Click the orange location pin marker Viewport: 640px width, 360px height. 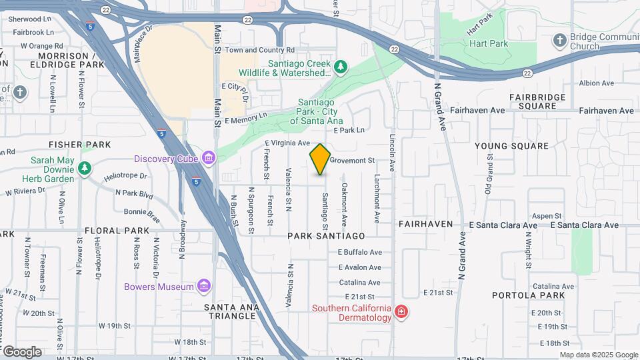[320, 159]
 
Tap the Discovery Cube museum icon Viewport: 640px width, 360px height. [209, 158]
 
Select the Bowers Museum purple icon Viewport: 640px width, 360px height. [205, 287]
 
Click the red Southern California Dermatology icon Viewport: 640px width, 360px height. [401, 311]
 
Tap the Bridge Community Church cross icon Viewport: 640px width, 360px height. [560, 41]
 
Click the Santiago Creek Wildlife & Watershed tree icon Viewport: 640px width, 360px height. [341, 67]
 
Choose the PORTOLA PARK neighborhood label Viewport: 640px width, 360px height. [528, 295]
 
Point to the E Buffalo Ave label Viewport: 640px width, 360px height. [359, 252]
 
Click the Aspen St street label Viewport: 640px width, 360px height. [547, 215]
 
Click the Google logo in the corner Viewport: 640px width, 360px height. [22, 351]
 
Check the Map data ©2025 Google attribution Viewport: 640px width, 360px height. [598, 355]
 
